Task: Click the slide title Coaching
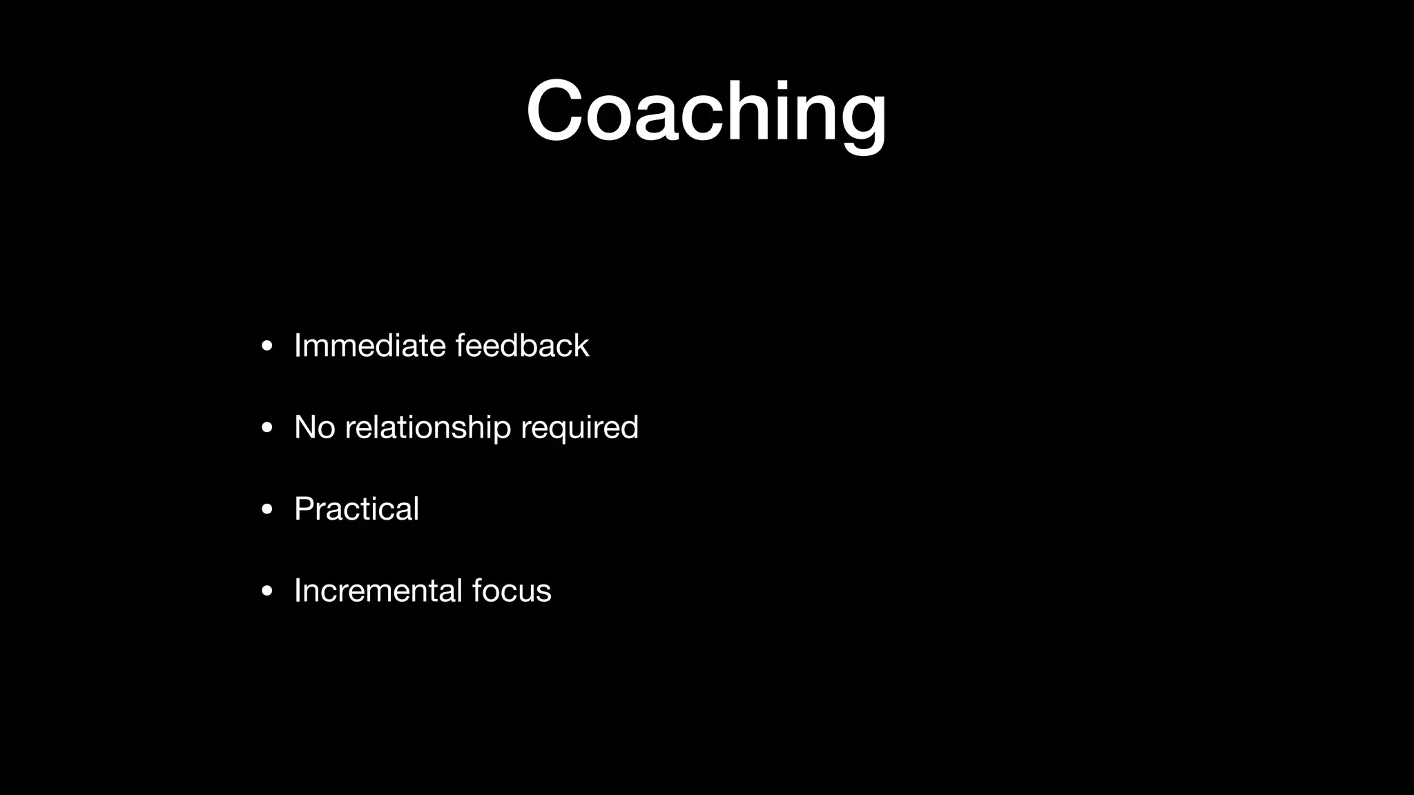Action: tap(706, 112)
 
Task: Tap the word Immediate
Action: tap(369, 346)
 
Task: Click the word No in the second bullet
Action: tap(314, 427)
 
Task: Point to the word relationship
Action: tap(427, 428)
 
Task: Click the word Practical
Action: tap(356, 509)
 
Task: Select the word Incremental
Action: tap(378, 591)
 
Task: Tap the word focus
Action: tap(512, 591)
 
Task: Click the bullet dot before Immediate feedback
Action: tap(267, 346)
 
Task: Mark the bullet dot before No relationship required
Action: tap(267, 428)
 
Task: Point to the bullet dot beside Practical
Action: tap(267, 510)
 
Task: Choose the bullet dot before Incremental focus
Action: tap(267, 591)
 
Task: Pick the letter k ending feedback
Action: tap(581, 346)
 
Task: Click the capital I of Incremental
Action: tap(298, 591)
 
